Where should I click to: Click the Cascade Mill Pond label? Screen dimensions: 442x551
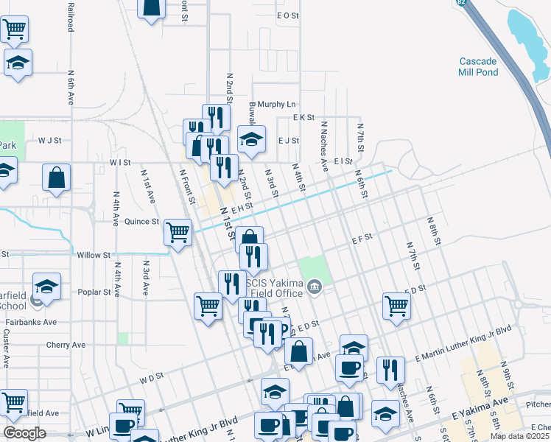coord(479,66)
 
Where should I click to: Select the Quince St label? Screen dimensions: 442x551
coord(142,221)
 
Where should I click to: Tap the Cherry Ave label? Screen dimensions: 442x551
coord(66,345)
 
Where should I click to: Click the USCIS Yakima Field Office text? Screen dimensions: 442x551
coord(272,285)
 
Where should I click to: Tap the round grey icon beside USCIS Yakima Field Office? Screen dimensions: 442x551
coord(315,286)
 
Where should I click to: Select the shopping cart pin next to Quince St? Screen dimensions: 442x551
coord(178,233)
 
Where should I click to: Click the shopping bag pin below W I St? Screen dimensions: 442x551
coord(57,178)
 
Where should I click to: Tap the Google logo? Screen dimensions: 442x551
coord(24,432)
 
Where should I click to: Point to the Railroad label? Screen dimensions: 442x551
coord(71,15)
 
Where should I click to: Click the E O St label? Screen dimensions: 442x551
coord(287,15)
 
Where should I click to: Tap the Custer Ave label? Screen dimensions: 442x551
coord(6,344)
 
